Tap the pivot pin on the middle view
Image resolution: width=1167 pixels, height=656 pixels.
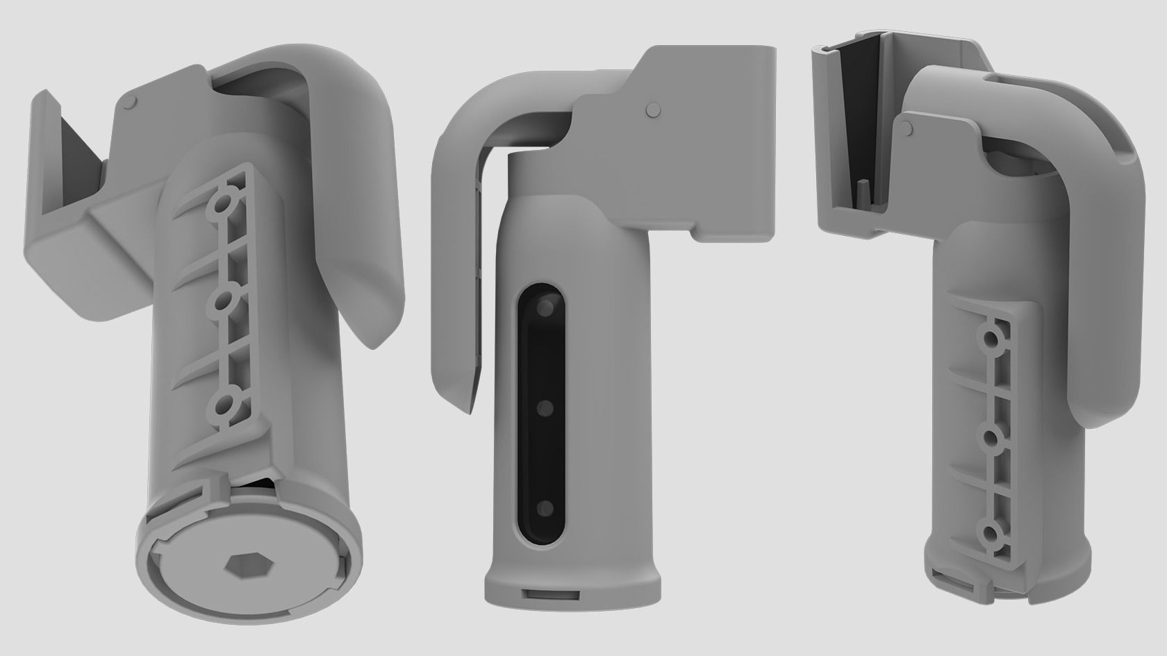point(652,109)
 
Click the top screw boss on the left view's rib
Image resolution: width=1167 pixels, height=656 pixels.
point(224,204)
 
